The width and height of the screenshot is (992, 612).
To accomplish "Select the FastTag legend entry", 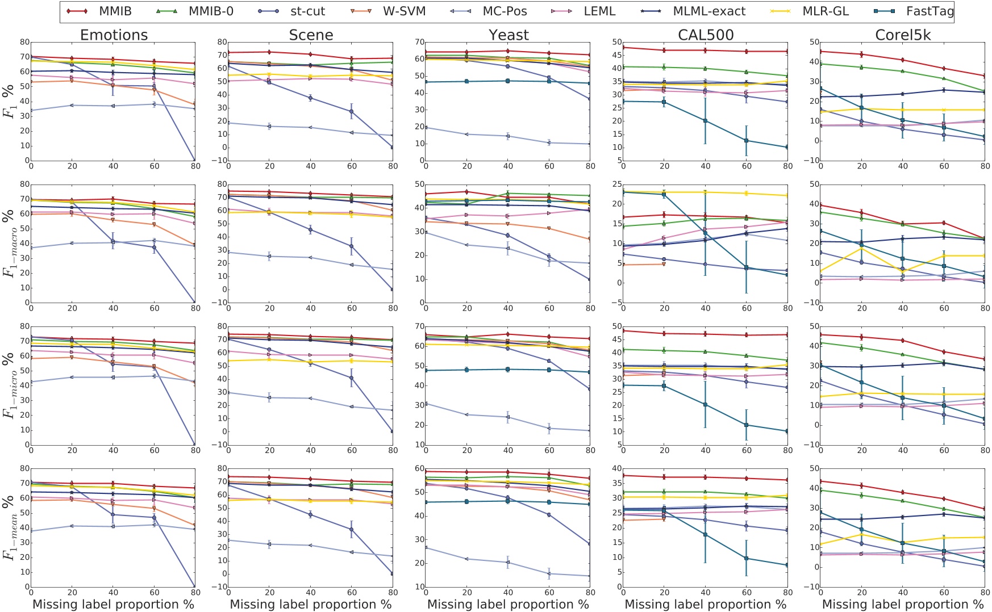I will pos(930,11).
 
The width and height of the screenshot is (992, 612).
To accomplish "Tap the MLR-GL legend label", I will pos(826,11).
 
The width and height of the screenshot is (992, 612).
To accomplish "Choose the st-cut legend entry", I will pos(307,11).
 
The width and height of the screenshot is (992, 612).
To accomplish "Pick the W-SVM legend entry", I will pos(404,11).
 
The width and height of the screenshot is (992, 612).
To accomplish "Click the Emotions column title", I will pos(114,35).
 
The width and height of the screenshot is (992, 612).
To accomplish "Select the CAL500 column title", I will pos(706,35).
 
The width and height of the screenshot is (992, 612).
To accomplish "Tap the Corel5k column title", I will pos(903,35).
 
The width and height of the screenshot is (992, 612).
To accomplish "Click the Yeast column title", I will pos(508,35).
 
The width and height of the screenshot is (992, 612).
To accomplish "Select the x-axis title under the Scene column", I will pos(311,605).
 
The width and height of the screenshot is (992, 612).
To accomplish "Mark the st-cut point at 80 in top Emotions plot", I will pos(195,160).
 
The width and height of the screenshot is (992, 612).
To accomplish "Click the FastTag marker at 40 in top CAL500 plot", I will pos(706,120).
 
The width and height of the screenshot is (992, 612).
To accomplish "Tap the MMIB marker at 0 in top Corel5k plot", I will pos(821,51).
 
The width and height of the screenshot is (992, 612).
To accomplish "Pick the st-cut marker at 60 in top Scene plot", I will pos(352,111).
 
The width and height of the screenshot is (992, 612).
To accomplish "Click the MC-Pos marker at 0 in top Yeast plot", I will pos(426,128).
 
